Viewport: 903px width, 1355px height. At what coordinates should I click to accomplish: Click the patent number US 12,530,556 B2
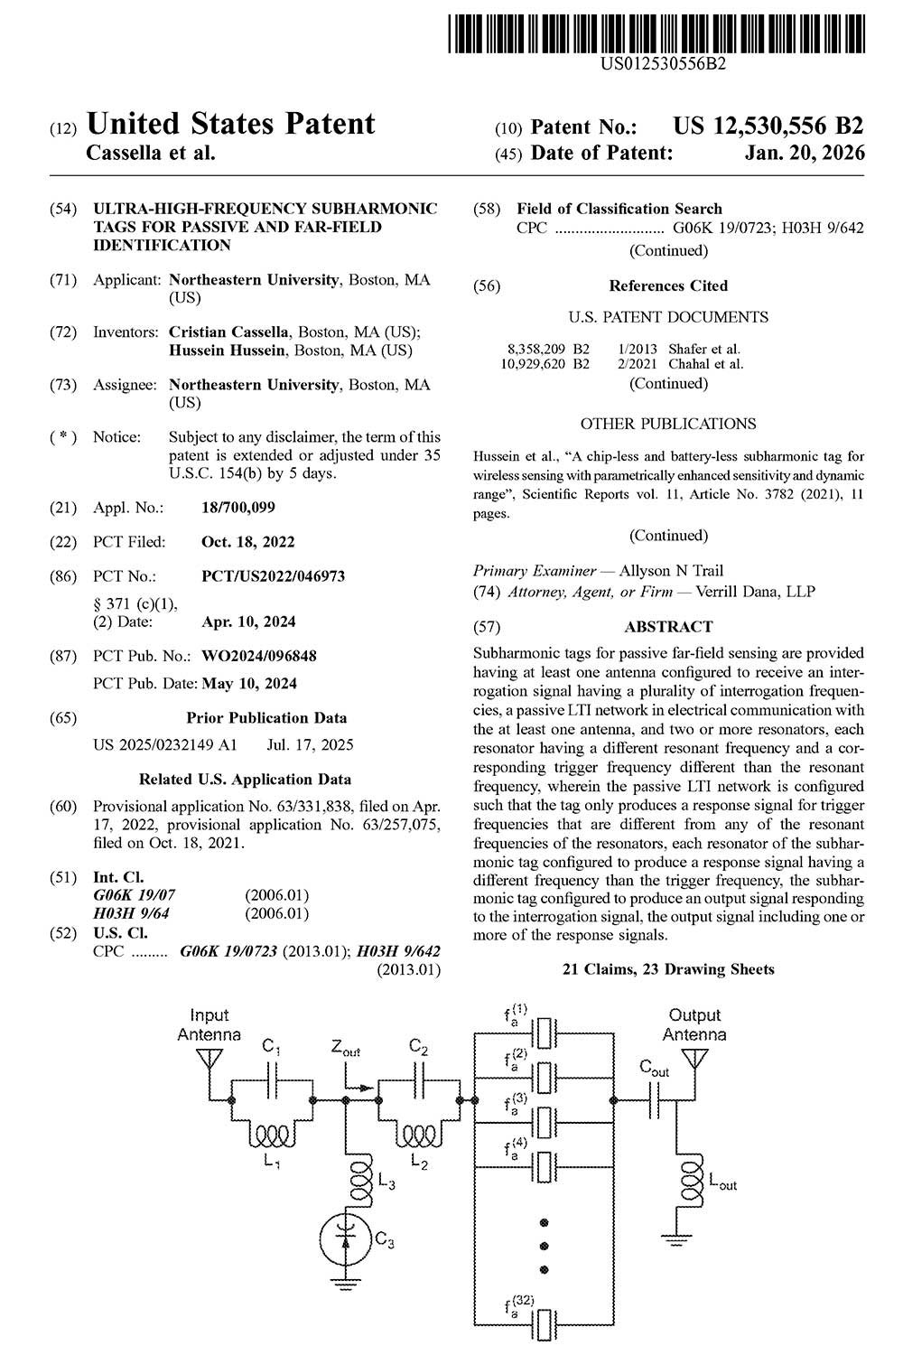tap(768, 126)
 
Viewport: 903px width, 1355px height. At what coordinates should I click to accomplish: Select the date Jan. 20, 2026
tap(805, 153)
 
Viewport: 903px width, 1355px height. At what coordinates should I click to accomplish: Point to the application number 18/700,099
tap(238, 508)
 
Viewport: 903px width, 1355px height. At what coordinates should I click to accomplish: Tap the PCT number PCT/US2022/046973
tap(273, 576)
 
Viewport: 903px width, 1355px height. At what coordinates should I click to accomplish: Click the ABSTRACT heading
tap(668, 626)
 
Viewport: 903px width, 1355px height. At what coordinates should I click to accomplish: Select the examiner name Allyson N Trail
tap(671, 570)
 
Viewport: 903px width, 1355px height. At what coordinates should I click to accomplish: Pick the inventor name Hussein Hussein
tap(227, 350)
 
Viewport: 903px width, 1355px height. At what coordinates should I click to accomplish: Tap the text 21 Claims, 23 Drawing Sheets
tap(668, 969)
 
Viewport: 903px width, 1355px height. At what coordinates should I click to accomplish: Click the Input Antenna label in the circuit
tap(209, 1025)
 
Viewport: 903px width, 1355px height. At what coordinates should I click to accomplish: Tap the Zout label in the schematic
tap(345, 1050)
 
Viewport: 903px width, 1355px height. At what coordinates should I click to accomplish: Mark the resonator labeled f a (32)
tap(544, 1326)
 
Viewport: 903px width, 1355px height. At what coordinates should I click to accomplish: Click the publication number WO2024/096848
tap(259, 656)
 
